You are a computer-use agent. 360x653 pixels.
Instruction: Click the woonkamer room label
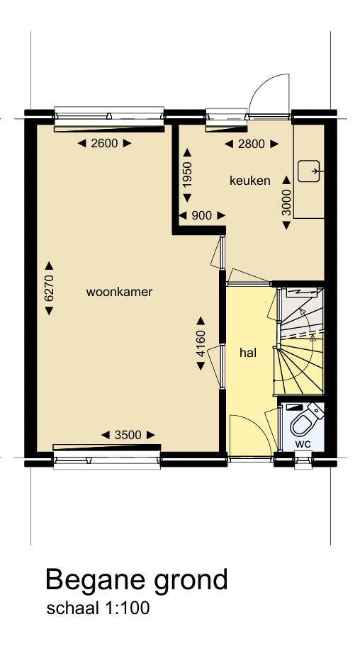(120, 292)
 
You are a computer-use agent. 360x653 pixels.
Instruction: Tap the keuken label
(249, 181)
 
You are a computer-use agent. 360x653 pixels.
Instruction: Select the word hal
(247, 352)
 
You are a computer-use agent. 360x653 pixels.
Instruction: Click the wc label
(303, 444)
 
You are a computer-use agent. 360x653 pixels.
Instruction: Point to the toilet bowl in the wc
(303, 425)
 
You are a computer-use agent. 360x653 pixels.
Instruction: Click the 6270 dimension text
(49, 289)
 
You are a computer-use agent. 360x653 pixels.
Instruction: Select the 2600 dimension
(103, 144)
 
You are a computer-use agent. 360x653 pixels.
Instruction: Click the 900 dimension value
(202, 215)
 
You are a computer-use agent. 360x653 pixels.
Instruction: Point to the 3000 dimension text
(286, 202)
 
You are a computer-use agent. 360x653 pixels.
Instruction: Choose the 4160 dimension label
(201, 343)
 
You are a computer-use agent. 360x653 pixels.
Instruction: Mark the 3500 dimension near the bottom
(128, 435)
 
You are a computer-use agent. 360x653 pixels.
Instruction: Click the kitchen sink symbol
(309, 171)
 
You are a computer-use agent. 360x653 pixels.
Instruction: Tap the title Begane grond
(137, 579)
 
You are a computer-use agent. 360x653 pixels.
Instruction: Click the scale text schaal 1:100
(98, 608)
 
